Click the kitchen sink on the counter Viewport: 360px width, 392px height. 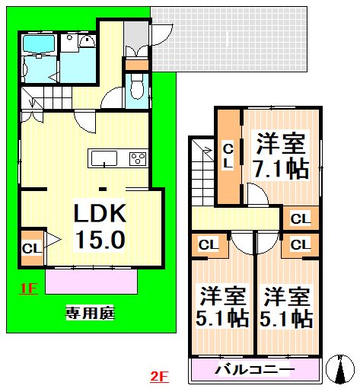click(x=104, y=158)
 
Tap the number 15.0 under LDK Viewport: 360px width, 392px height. click(x=98, y=241)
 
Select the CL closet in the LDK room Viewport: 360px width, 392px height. click(x=32, y=248)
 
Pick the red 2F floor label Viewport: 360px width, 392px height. click(x=159, y=375)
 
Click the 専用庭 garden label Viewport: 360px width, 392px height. click(x=89, y=312)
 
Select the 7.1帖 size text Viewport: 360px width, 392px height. click(x=282, y=168)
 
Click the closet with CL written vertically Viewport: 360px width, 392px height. click(x=228, y=156)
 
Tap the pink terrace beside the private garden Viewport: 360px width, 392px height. click(x=91, y=282)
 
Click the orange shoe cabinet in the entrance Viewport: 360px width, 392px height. click(x=137, y=64)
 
